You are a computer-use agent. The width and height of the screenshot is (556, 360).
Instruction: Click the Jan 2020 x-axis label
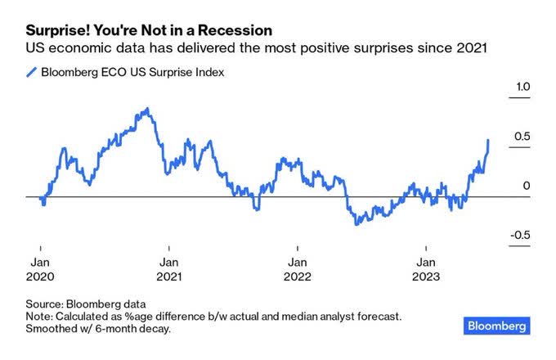click(x=40, y=269)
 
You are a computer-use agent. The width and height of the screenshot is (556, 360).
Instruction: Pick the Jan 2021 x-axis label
click(x=168, y=269)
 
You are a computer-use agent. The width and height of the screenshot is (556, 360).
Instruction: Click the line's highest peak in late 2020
click(x=146, y=108)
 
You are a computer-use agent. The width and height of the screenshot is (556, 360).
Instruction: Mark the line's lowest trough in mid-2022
click(x=356, y=223)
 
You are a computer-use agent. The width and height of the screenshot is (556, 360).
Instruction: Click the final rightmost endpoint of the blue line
click(x=488, y=140)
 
